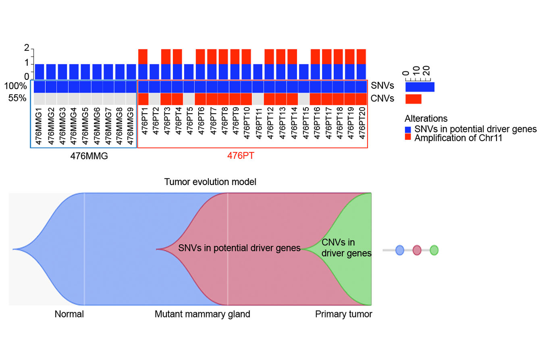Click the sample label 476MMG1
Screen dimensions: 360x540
[x=39, y=127]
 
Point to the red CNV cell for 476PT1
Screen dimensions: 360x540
[x=143, y=99]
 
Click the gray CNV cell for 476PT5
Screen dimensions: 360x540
[x=189, y=99]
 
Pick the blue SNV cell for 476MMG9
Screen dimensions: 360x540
[x=131, y=87]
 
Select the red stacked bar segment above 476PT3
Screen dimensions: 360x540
[x=166, y=57]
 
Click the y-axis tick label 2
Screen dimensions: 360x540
[x=27, y=48]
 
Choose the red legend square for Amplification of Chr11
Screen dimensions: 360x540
[x=408, y=138]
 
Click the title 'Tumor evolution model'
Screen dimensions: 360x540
[x=210, y=182]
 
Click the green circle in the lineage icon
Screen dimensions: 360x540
[x=434, y=250]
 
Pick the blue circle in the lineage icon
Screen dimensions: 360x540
[x=400, y=250]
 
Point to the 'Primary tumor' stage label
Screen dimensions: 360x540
[x=344, y=314]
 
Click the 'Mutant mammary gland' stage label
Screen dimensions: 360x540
[x=202, y=314]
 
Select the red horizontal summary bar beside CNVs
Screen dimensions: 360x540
[x=413, y=99]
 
